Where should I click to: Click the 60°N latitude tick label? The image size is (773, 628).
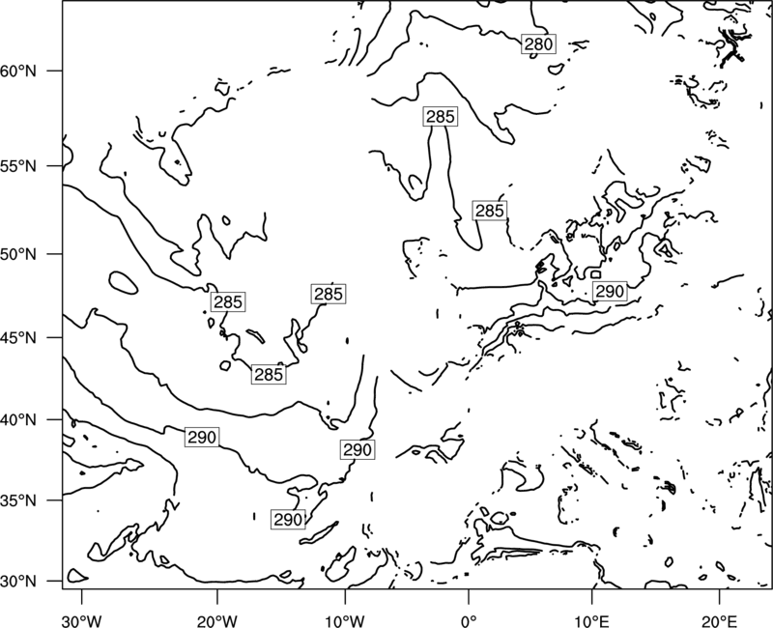coord(18,71)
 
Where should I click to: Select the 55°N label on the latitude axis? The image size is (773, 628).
coord(18,166)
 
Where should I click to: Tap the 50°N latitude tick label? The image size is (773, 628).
coord(18,254)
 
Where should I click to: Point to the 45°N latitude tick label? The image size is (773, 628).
coord(18,337)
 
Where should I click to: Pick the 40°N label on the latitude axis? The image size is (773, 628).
coord(18,420)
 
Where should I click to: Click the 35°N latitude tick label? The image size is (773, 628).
coord(18,500)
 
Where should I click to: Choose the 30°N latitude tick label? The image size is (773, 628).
coord(18,582)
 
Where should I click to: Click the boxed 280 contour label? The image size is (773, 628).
coord(538,44)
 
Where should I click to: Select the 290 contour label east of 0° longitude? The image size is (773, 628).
coord(610,292)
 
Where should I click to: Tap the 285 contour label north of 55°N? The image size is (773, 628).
coord(441,116)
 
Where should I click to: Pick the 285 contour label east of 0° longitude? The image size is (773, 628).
coord(490,211)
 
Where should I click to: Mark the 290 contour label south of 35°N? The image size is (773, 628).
coord(288,520)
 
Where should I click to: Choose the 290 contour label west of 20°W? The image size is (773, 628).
coord(202,438)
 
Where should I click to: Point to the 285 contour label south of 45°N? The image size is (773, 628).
coord(269,375)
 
